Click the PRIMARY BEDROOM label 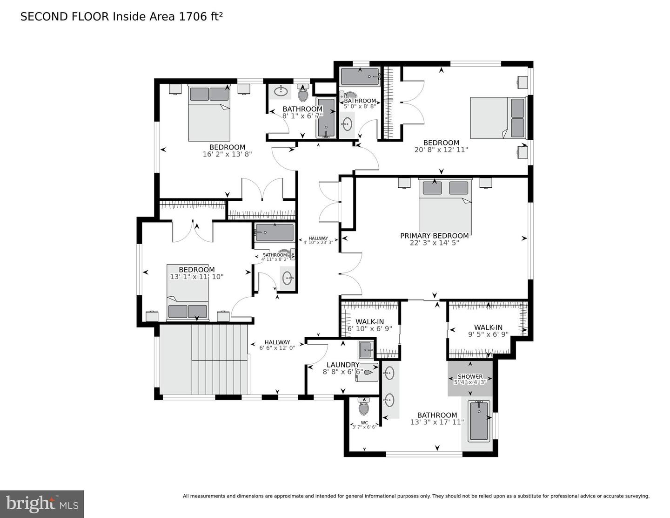[x=434, y=236]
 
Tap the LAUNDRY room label [x=342, y=365]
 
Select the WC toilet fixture [x=364, y=408]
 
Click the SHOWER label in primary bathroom [x=470, y=376]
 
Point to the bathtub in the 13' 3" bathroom [x=478, y=421]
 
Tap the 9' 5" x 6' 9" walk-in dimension [x=488, y=334]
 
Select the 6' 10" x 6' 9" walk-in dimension [x=370, y=328]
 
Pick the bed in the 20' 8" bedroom [x=498, y=118]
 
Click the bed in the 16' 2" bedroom [x=209, y=114]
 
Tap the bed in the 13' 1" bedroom [x=188, y=293]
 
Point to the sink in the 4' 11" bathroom [x=288, y=279]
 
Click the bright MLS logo [x=42, y=504]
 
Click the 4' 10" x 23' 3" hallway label [x=318, y=240]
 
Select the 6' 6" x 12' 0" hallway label [x=277, y=345]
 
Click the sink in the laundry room [x=366, y=347]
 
